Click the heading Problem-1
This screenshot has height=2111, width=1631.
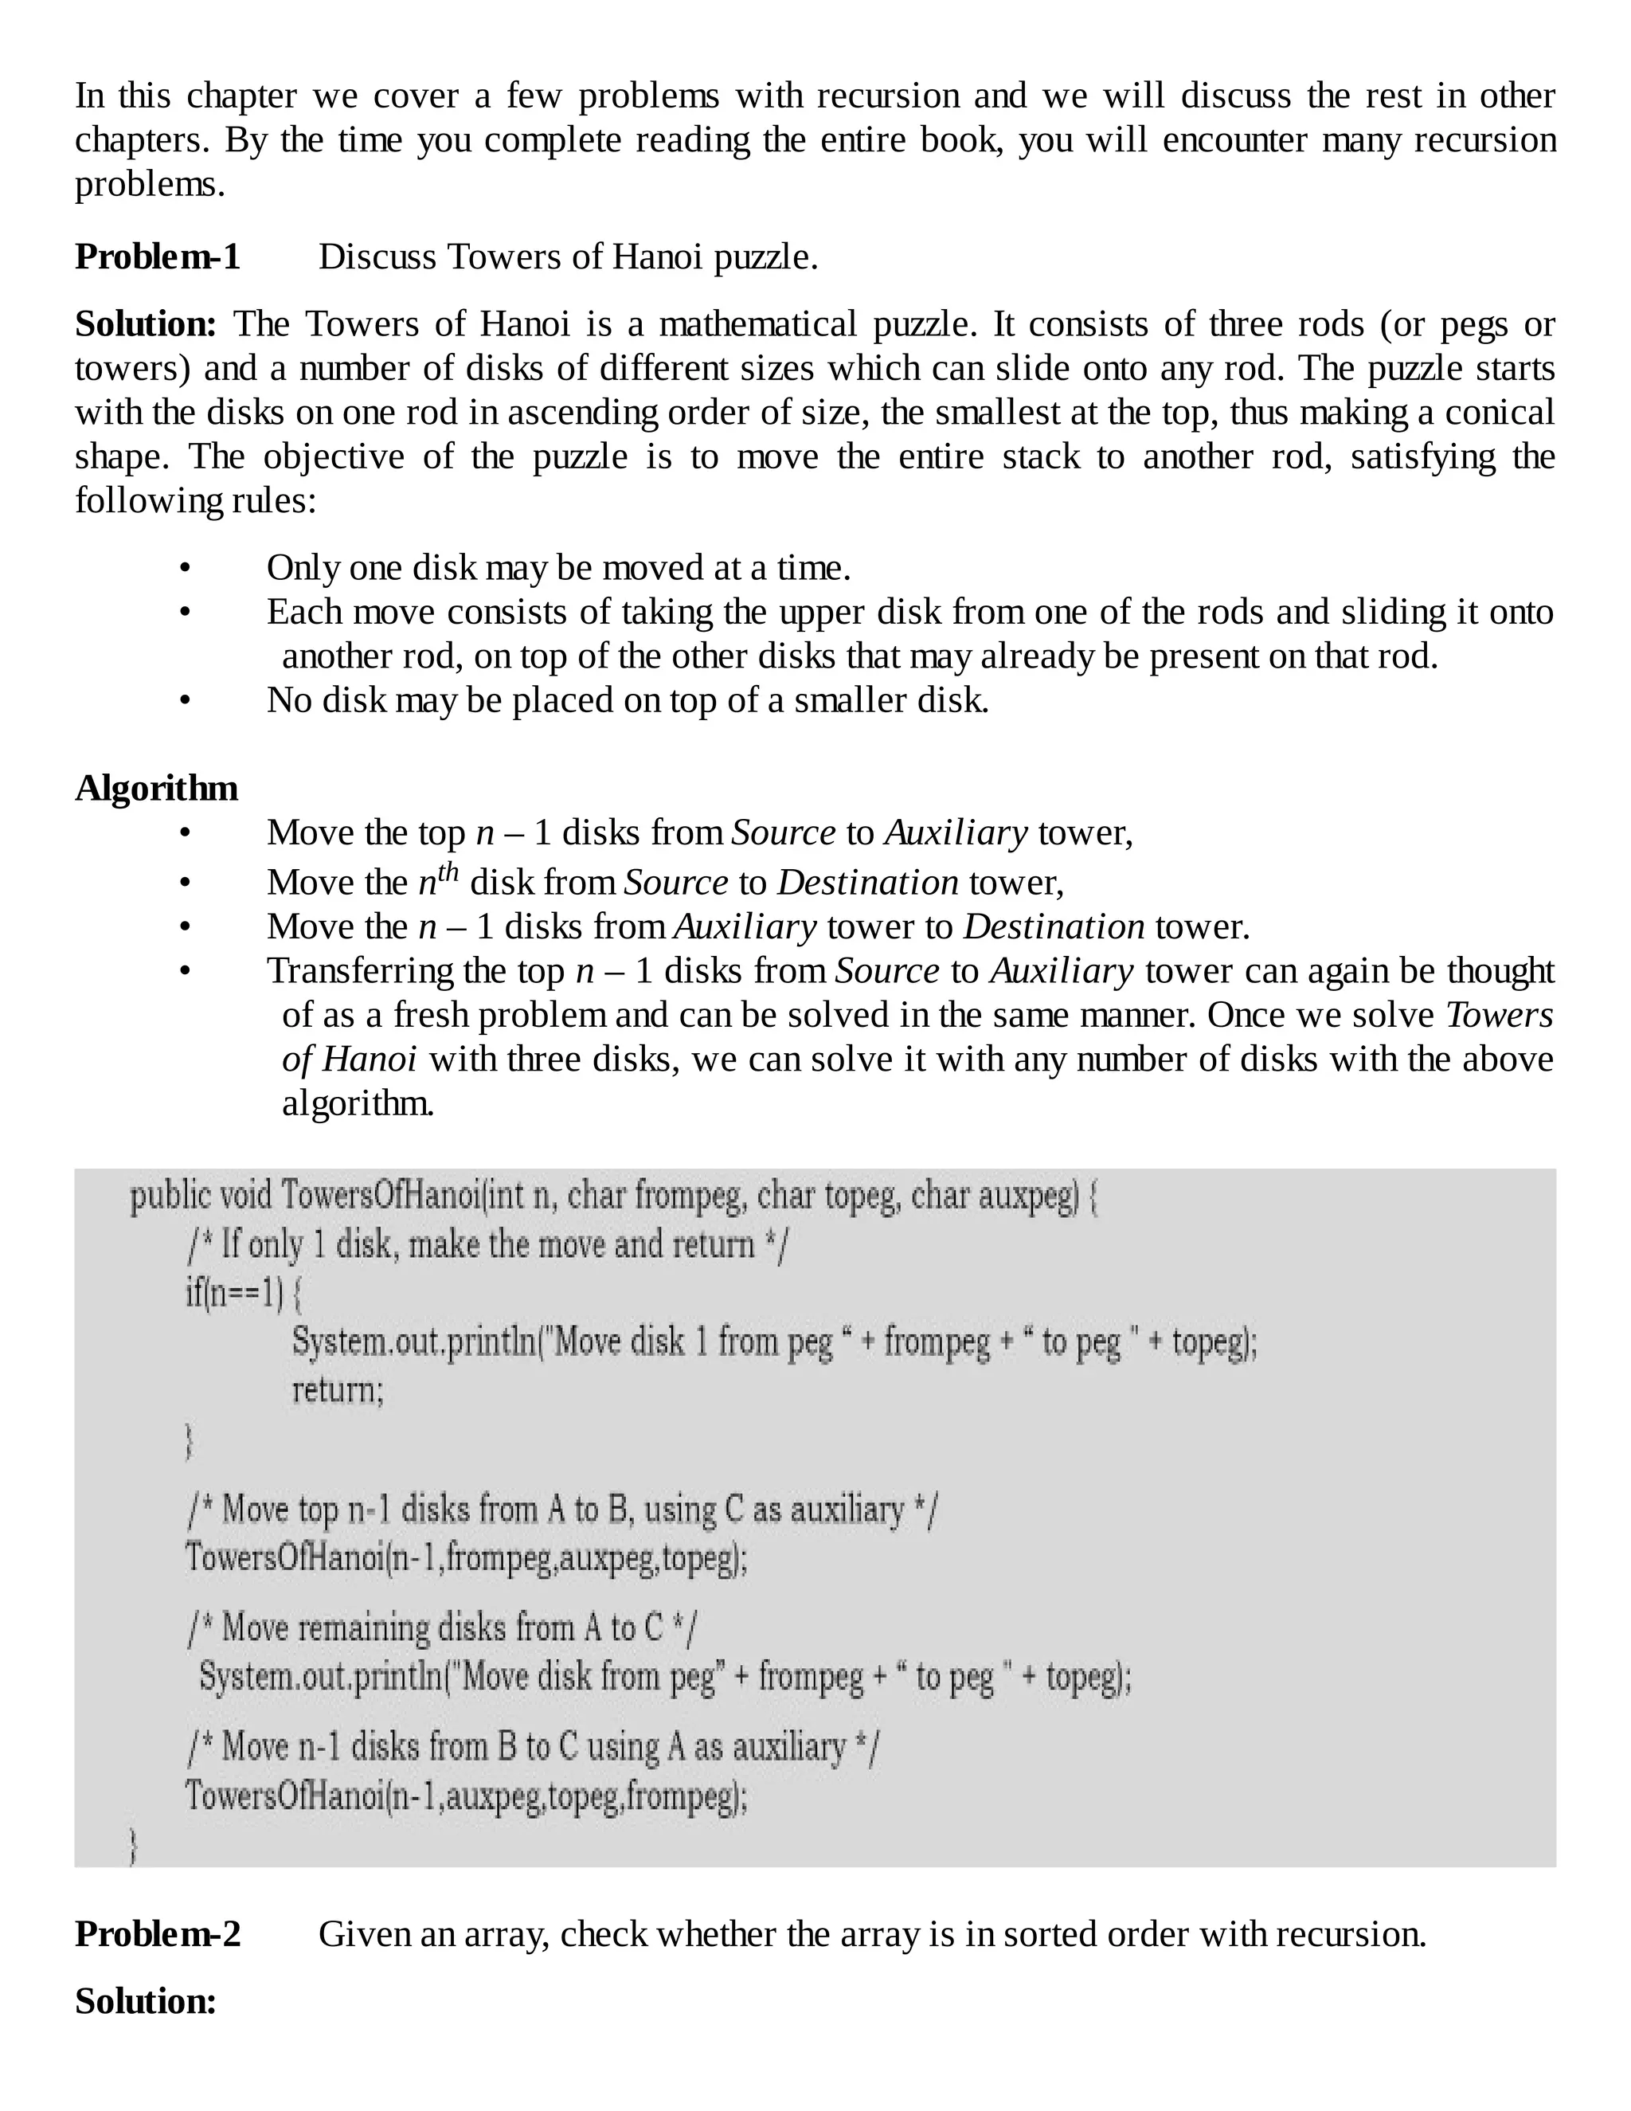click(158, 257)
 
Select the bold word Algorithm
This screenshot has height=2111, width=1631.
click(157, 788)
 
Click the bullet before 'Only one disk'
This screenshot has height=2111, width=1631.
click(186, 568)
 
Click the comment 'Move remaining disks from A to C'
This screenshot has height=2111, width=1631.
click(443, 1627)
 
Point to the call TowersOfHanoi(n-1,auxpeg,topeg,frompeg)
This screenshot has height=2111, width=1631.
click(467, 1796)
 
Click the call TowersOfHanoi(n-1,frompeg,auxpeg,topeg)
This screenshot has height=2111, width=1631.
click(467, 1557)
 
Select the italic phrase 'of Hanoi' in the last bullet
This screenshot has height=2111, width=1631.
click(350, 1059)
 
